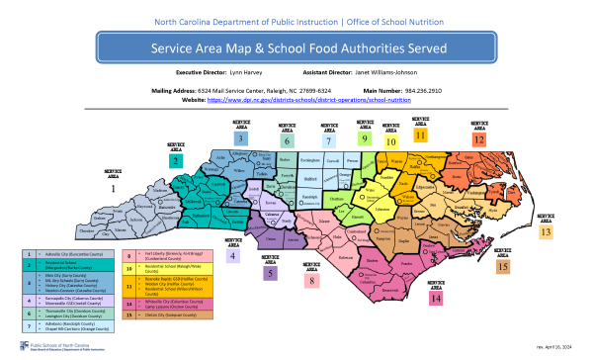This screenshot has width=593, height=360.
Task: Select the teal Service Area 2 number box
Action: (175, 160)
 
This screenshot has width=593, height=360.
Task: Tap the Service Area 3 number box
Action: (240, 139)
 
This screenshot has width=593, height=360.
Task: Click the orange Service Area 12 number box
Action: (478, 140)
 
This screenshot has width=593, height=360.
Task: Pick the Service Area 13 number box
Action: (547, 231)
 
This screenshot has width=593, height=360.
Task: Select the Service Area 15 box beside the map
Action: (503, 267)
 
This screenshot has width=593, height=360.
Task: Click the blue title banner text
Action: (296, 47)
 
